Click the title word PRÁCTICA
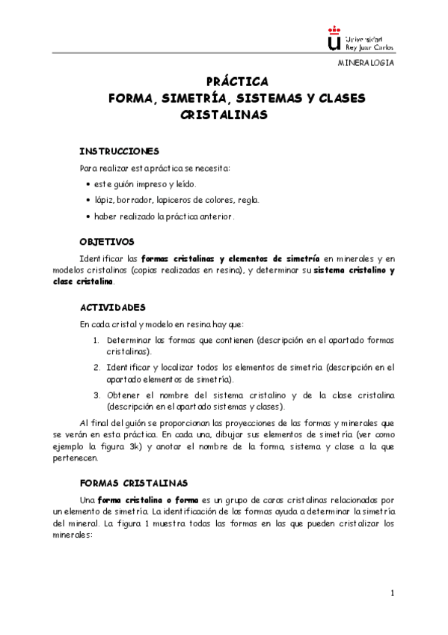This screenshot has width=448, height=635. (x=232, y=81)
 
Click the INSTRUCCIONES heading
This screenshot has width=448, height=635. (x=119, y=150)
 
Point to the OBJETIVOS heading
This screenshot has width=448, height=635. (x=107, y=242)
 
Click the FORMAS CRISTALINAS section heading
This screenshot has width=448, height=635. (x=133, y=483)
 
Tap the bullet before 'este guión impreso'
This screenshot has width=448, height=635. (x=88, y=184)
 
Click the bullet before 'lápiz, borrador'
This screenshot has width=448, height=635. (x=88, y=201)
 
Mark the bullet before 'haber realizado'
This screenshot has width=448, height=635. (x=88, y=217)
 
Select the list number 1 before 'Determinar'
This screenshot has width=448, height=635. (x=96, y=340)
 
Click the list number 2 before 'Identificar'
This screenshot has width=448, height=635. (x=96, y=368)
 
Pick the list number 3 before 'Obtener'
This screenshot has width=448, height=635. (x=96, y=395)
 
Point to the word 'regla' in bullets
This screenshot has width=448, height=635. (x=248, y=201)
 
